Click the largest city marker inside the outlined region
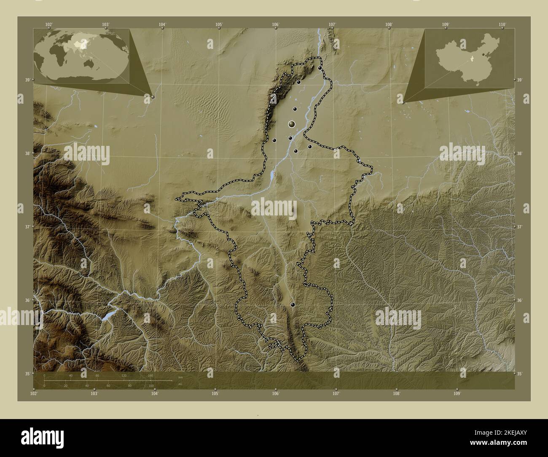click(x=292, y=124)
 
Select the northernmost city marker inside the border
click(x=320, y=68)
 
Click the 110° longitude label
click(x=502, y=24)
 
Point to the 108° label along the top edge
click(x=389, y=24)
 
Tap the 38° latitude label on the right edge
click(x=519, y=153)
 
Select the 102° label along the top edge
click(x=49, y=24)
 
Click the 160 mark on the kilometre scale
click(x=150, y=375)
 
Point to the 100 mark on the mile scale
click(x=151, y=386)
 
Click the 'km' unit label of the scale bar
click(x=180, y=377)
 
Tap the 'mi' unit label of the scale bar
click(x=180, y=384)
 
